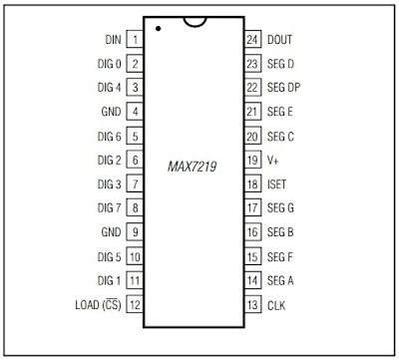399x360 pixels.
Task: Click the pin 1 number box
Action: tap(135, 39)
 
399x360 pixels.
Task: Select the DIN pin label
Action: tap(113, 40)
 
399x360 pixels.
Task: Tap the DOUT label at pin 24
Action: tap(280, 40)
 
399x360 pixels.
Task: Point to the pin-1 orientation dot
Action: tap(159, 29)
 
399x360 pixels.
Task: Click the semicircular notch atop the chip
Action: tap(199, 21)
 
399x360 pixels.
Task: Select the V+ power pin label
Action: tap(273, 160)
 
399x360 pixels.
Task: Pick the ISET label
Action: tap(277, 183)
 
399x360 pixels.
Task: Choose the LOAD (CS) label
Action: tap(98, 305)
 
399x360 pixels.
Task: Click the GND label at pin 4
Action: tap(112, 112)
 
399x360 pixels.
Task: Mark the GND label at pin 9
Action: tap(112, 232)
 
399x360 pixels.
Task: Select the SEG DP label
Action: tap(285, 88)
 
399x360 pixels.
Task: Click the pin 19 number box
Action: tap(253, 160)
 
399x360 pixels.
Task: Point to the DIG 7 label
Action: tap(110, 208)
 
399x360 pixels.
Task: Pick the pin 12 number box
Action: tap(135, 305)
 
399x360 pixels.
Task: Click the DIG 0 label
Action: tap(110, 64)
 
